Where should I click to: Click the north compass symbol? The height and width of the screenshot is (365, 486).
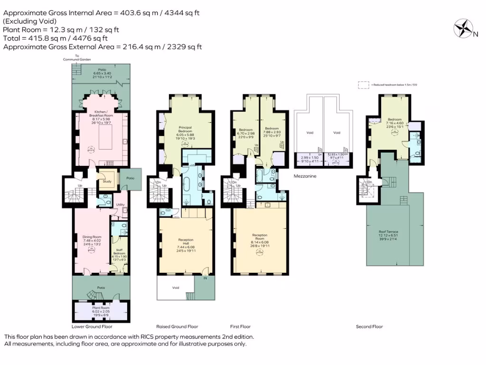[463, 28]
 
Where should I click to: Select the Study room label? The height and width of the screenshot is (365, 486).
[108, 181]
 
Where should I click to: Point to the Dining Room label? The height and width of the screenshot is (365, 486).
[93, 237]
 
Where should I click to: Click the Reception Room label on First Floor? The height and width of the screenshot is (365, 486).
[260, 235]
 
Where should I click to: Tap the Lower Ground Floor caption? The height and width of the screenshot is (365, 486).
[92, 327]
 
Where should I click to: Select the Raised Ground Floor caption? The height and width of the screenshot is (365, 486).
[177, 327]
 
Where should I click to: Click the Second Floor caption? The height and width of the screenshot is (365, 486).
[369, 327]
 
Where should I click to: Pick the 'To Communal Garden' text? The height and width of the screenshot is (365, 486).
[77, 58]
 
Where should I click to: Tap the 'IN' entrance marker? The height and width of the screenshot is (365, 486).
[206, 279]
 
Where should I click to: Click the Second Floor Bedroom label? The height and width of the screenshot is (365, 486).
[394, 120]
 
